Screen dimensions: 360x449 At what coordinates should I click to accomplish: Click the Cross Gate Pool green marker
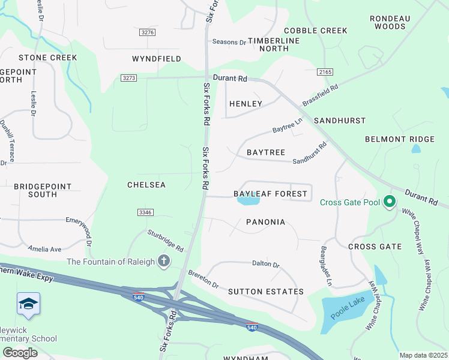pyautogui.click(x=390, y=202)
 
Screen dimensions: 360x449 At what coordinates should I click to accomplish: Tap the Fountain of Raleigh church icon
pyautogui.click(x=163, y=261)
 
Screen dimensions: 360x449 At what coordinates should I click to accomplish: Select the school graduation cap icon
pyautogui.click(x=28, y=305)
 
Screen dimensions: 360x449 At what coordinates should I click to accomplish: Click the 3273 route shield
pyautogui.click(x=128, y=78)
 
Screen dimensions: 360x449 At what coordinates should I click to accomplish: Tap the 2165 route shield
pyautogui.click(x=325, y=72)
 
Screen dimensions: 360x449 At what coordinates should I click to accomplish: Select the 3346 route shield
pyautogui.click(x=145, y=212)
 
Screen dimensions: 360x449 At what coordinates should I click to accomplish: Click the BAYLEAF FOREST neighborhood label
pyautogui.click(x=270, y=194)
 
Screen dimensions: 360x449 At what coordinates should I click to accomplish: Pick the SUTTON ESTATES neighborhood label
pyautogui.click(x=265, y=292)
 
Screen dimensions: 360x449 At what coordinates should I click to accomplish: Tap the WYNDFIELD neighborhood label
pyautogui.click(x=157, y=59)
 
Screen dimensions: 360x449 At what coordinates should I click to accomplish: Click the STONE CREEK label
pyautogui.click(x=47, y=58)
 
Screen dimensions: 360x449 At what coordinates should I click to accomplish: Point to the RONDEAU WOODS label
pyautogui.click(x=390, y=22)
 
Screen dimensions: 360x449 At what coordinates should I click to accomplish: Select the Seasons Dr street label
pyautogui.click(x=229, y=42)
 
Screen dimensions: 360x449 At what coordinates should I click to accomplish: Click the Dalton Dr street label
pyautogui.click(x=266, y=264)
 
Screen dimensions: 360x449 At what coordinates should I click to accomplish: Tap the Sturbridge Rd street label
pyautogui.click(x=166, y=240)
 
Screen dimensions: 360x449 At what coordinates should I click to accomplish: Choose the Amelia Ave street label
pyautogui.click(x=44, y=248)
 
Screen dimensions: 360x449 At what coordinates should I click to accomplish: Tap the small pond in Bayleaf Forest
pyautogui.click(x=248, y=202)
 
